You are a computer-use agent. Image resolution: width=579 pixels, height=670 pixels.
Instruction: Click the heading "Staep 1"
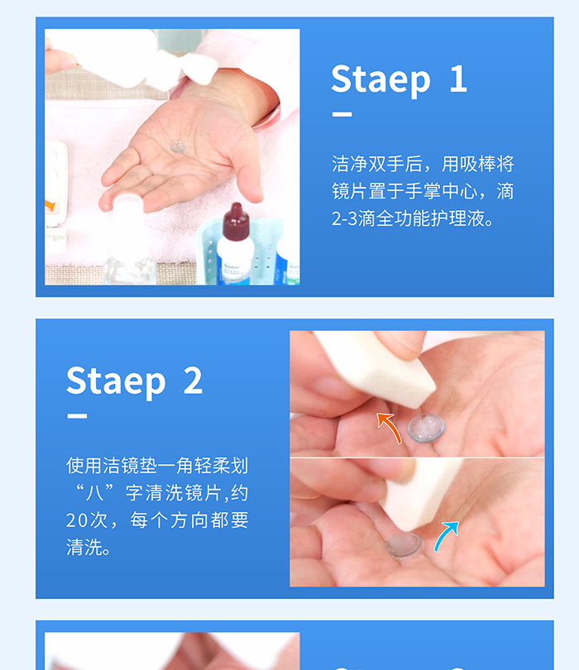click(400, 79)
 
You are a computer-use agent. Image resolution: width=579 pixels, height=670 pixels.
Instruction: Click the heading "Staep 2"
click(134, 380)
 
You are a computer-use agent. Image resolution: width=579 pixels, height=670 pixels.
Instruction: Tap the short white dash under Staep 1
click(342, 114)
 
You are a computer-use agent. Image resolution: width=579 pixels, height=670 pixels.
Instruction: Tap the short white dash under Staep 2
click(77, 416)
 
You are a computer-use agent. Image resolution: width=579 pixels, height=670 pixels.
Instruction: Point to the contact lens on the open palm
click(177, 146)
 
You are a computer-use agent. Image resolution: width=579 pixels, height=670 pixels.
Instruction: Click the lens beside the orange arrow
click(426, 428)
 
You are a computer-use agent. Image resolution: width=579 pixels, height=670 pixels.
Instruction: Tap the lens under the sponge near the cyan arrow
click(403, 545)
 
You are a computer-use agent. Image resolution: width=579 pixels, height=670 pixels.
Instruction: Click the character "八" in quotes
click(95, 493)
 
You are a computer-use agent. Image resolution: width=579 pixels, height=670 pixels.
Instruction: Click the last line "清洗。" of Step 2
click(89, 548)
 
